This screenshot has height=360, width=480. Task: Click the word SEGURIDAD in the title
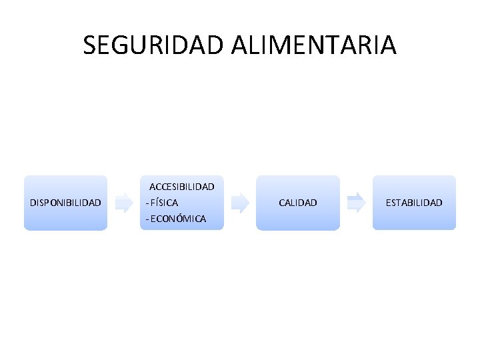pos(155,45)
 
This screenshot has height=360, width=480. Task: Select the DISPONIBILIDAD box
pos(65,203)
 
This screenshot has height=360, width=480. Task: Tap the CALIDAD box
pos(298,203)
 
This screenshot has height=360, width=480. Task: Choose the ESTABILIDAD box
pos(414,203)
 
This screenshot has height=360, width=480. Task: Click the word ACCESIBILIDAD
pos(181,187)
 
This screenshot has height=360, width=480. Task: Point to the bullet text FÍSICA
pos(164,202)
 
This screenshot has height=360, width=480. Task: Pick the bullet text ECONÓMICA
pos(178,219)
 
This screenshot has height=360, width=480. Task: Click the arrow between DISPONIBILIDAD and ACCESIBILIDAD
pos(123,203)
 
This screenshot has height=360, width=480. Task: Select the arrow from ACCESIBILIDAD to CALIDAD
pos(239,203)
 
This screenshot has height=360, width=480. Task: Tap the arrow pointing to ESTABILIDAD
pos(357,203)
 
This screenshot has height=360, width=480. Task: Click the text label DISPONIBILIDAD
pos(65,203)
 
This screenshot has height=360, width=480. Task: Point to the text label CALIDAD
pos(298,203)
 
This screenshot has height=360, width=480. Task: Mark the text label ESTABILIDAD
pos(414,203)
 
